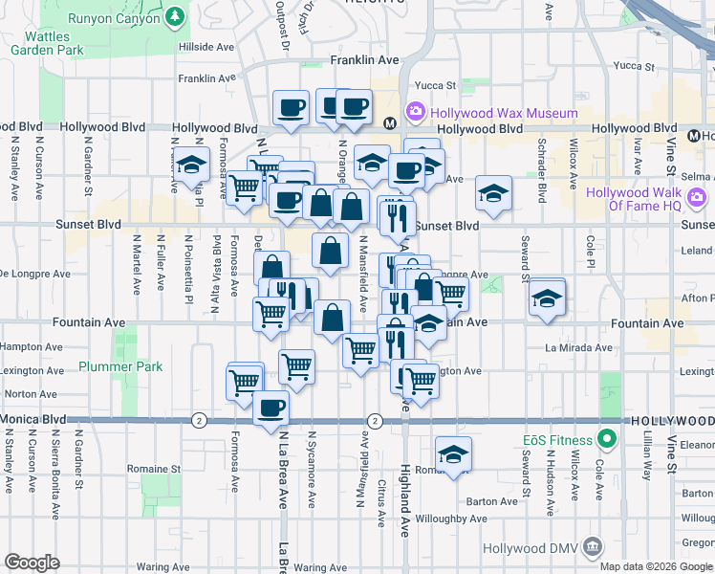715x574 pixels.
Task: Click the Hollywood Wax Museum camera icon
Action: point(416,113)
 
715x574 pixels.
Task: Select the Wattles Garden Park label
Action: point(48,41)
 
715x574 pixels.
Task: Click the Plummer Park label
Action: point(120,366)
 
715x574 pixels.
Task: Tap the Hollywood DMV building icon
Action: point(593,547)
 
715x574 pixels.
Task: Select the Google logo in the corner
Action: point(32,563)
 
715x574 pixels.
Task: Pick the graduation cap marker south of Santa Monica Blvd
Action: point(454,453)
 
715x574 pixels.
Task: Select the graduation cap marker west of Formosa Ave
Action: point(192,164)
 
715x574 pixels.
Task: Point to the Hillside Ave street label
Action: point(206,46)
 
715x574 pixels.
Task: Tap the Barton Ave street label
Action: point(492,500)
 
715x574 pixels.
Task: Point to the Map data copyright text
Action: point(656,565)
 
